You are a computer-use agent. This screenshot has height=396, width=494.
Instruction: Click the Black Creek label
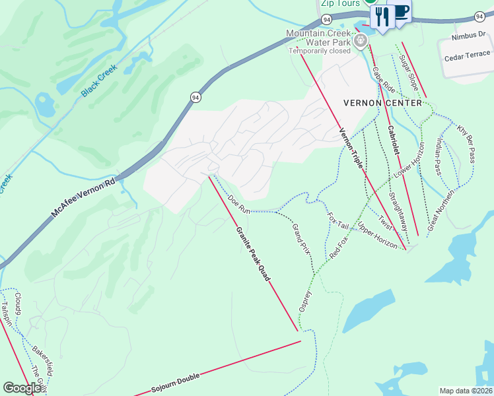99,81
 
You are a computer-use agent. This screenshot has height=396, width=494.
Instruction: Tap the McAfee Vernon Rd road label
83,197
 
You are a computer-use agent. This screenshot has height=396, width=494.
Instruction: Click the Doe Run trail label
238,204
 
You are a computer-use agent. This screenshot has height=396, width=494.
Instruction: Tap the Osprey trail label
304,301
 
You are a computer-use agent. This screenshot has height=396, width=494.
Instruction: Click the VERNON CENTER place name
382,103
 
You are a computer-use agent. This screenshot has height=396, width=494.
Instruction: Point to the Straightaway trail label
398,211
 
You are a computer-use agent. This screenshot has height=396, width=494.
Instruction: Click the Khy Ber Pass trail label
466,142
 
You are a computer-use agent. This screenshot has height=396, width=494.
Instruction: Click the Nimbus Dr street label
468,38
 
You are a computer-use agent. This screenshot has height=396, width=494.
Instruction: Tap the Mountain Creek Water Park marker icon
360,41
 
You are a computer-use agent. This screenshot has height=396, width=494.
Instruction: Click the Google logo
21,389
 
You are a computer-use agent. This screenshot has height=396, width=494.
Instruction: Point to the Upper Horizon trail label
377,236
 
